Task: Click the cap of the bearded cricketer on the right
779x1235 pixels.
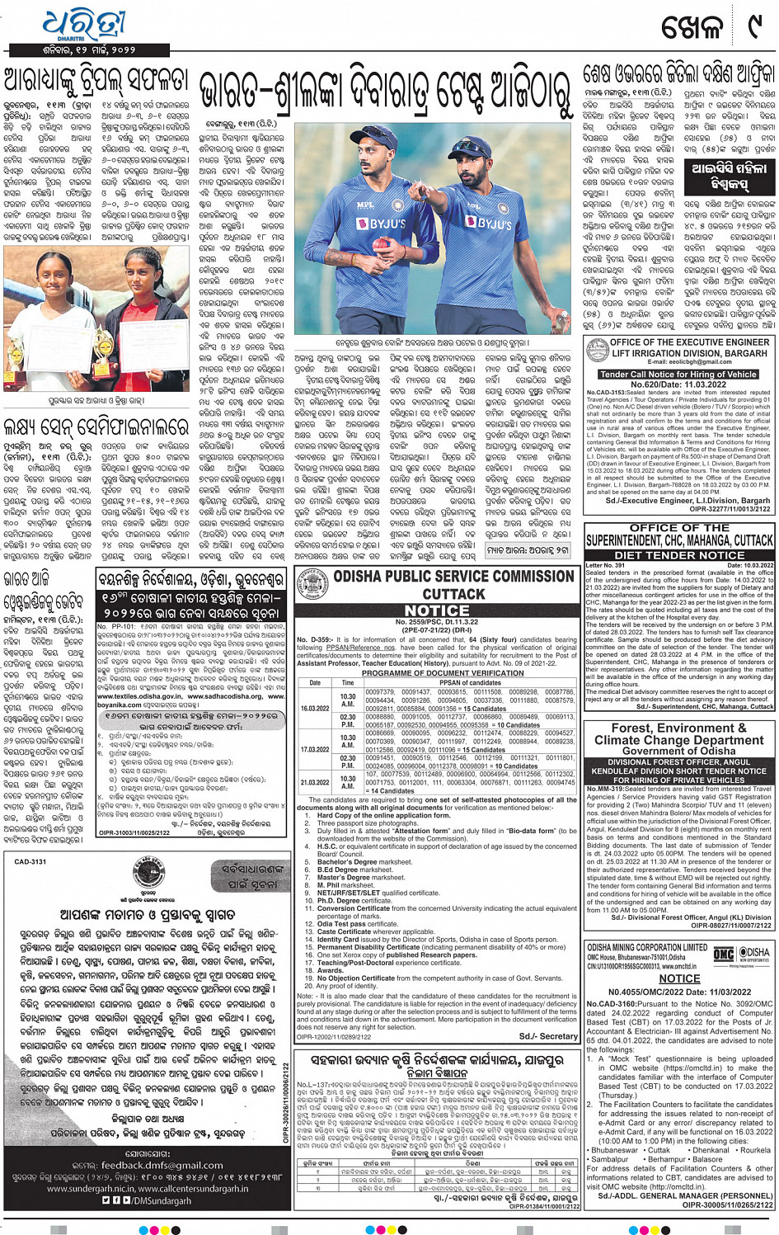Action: tap(473, 148)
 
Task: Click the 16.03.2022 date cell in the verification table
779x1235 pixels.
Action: tap(315, 708)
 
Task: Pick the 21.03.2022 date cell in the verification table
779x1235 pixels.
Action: tap(315, 782)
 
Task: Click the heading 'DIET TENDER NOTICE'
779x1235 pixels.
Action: tap(679, 555)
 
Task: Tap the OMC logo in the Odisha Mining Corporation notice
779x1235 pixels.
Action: tap(723, 955)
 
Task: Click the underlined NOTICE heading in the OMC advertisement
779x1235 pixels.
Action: tap(679, 978)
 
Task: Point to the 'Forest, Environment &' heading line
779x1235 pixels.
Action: tap(678, 728)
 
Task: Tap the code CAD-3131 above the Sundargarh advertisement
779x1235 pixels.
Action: tap(31, 861)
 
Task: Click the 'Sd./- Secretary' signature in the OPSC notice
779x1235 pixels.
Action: tap(548, 1036)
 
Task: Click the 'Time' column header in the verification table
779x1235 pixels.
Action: tap(348, 683)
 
